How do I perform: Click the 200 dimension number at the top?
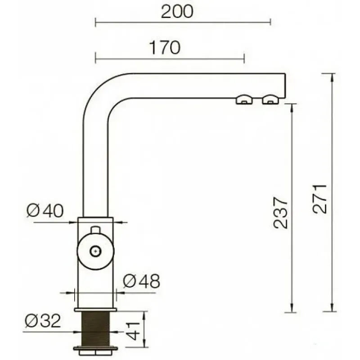(x=177, y=12)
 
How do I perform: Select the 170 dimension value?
(x=165, y=48)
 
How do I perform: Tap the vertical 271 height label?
(x=319, y=199)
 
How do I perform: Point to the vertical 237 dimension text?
(x=280, y=213)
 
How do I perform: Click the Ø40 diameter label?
(x=45, y=211)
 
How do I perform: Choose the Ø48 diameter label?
(x=141, y=281)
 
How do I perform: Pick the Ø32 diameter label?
(x=43, y=321)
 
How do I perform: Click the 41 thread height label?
(x=133, y=331)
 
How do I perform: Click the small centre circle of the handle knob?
(x=95, y=251)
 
